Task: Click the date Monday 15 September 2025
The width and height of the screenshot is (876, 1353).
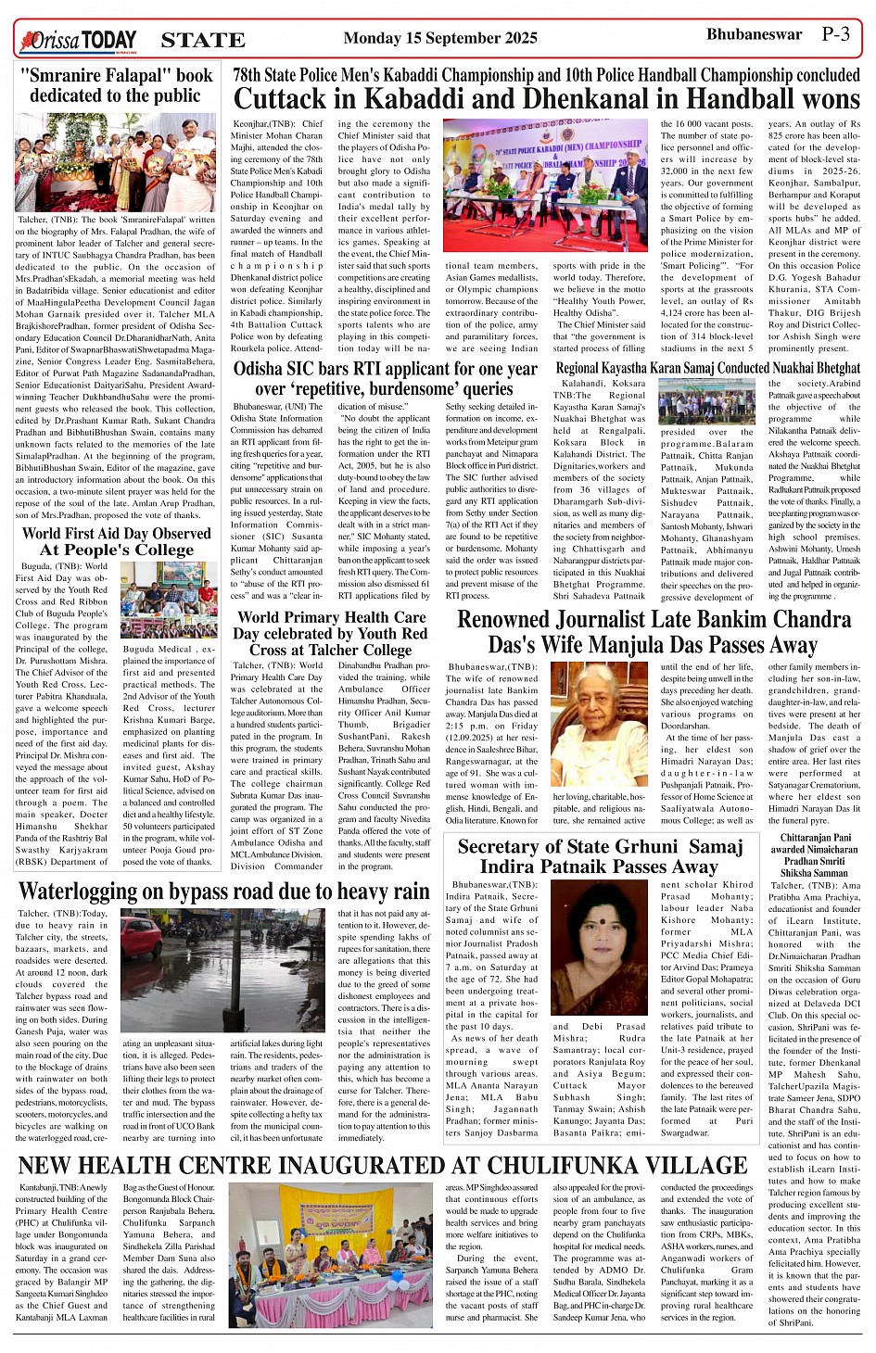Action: pyautogui.click(x=439, y=38)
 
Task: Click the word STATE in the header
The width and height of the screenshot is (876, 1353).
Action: pyautogui.click(x=202, y=40)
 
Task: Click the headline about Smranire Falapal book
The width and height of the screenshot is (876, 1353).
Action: pyautogui.click(x=116, y=85)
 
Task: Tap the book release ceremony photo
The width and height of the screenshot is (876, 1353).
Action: pyautogui.click(x=116, y=162)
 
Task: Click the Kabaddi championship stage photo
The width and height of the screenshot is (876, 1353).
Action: pyautogui.click(x=546, y=186)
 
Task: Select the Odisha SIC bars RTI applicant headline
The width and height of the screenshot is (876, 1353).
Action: pyautogui.click(x=385, y=378)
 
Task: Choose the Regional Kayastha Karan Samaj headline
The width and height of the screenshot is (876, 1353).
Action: pyautogui.click(x=707, y=368)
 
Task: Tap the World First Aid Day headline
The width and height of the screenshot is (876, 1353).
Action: pyautogui.click(x=116, y=541)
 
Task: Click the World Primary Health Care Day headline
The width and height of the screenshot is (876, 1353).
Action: pyautogui.click(x=331, y=633)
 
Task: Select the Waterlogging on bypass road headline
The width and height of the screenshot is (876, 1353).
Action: pyautogui.click(x=223, y=892)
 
